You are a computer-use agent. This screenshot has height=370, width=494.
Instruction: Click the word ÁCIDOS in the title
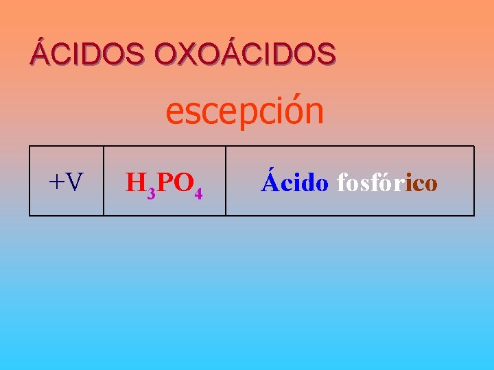pyautogui.click(x=86, y=53)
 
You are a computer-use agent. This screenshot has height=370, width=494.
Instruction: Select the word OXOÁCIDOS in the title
pyautogui.click(x=246, y=53)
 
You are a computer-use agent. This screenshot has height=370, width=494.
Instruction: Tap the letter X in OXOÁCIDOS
pyautogui.click(x=189, y=53)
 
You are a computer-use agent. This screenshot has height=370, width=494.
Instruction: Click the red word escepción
pyautogui.click(x=245, y=111)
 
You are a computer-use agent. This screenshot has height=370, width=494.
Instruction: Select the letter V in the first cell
pyautogui.click(x=75, y=183)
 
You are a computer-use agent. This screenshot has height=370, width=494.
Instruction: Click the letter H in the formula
pyautogui.click(x=135, y=183)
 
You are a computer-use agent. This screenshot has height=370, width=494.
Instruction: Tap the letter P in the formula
pyautogui.click(x=163, y=183)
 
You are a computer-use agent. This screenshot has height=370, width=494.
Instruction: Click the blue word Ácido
pyautogui.click(x=294, y=182)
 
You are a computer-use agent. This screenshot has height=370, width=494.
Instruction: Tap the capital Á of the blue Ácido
pyautogui.click(x=269, y=181)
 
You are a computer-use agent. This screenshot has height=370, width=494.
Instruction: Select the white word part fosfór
pyautogui.click(x=370, y=182)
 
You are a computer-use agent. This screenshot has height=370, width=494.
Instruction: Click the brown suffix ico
pyautogui.click(x=421, y=183)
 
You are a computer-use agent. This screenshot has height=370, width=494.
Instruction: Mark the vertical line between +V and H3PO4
pyautogui.click(x=104, y=181)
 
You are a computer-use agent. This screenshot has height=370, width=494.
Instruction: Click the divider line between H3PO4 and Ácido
pyautogui.click(x=226, y=181)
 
